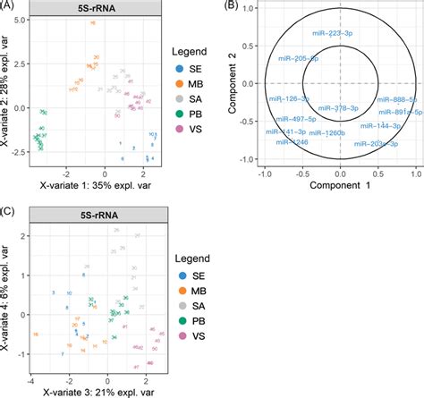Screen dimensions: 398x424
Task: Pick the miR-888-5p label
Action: (x=395, y=99)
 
